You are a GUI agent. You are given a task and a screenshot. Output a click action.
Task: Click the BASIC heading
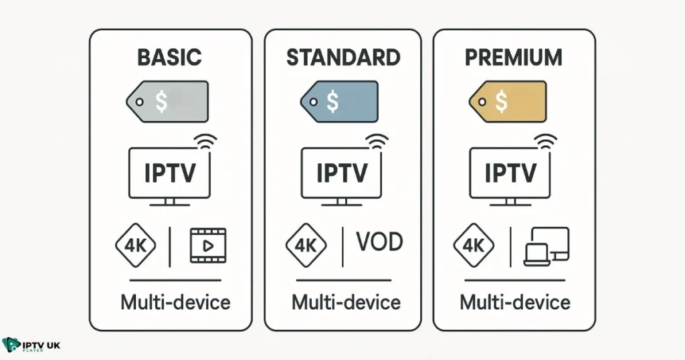point(169,58)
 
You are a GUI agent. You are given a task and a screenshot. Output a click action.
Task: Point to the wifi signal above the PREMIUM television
point(548,141)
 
